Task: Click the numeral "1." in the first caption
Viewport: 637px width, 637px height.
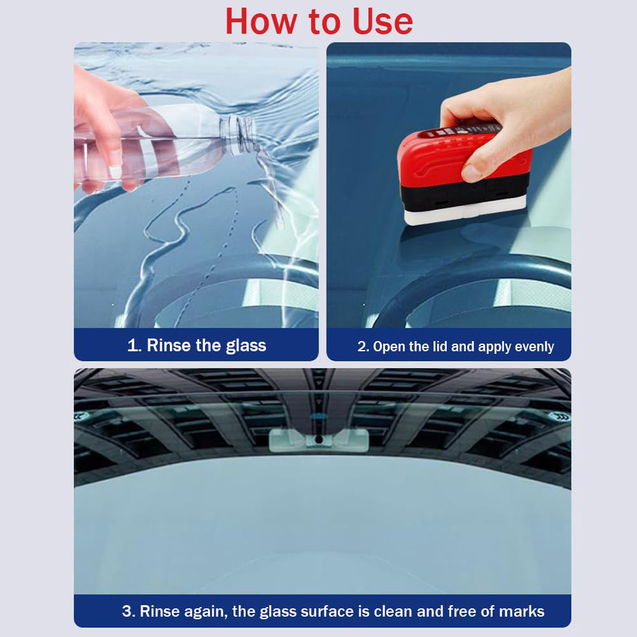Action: click(134, 346)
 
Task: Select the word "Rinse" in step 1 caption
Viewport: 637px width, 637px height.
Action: click(169, 346)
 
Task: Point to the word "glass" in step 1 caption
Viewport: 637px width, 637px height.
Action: click(246, 346)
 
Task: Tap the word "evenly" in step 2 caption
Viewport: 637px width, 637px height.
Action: click(531, 347)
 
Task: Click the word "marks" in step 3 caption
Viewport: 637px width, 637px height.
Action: click(521, 612)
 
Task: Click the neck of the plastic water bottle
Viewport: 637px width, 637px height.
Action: click(240, 133)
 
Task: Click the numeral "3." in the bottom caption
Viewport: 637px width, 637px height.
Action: click(129, 612)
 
